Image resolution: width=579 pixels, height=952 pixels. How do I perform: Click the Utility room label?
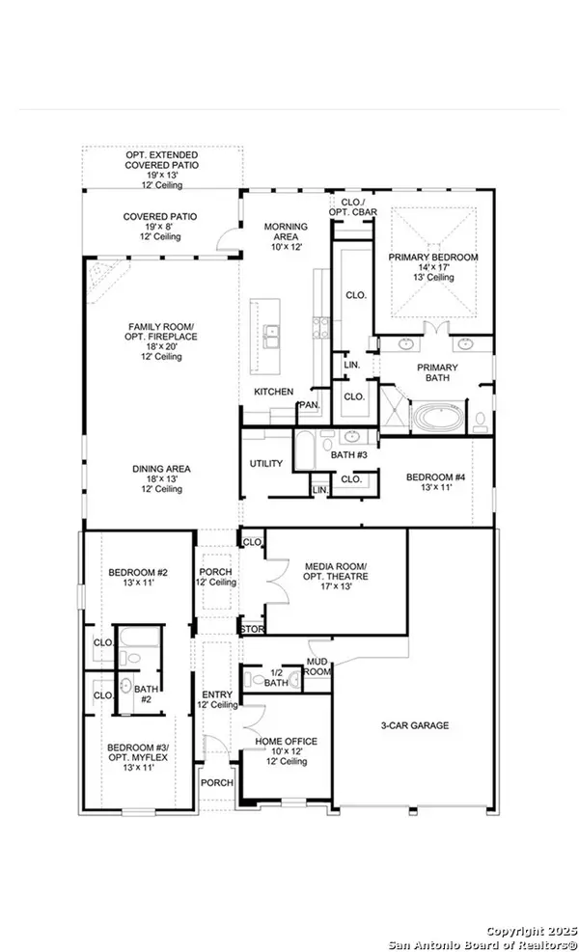(x=266, y=464)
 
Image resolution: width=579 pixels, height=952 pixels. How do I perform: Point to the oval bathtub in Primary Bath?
(x=440, y=417)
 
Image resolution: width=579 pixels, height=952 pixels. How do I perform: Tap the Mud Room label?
(x=318, y=665)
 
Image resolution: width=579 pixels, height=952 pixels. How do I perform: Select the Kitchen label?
(x=273, y=392)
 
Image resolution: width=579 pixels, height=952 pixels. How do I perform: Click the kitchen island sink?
(x=274, y=337)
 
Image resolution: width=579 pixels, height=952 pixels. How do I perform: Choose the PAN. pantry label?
(x=309, y=405)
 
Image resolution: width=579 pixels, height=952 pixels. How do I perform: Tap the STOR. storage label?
(x=252, y=630)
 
